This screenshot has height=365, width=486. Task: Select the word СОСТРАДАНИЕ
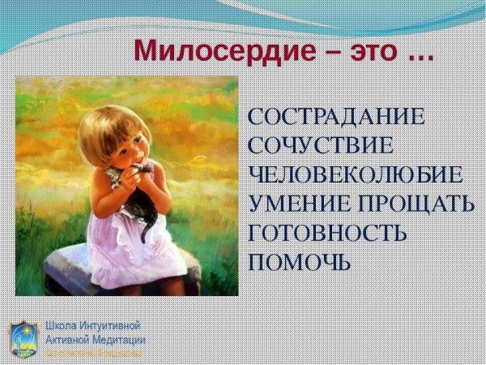click(335, 116)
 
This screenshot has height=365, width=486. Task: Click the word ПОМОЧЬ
click(300, 262)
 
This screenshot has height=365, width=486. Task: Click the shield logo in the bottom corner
click(22, 337)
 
